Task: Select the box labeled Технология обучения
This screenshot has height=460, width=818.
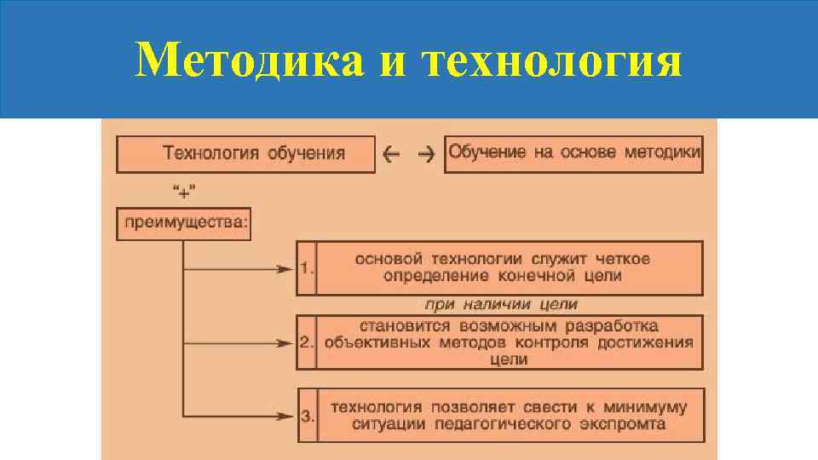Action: (x=245, y=154)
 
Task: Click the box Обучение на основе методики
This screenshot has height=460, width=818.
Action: (x=574, y=153)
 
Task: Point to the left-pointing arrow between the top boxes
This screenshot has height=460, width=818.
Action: (x=393, y=154)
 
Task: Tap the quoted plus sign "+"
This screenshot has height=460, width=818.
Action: (x=183, y=189)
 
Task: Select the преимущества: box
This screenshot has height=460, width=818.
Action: (x=184, y=222)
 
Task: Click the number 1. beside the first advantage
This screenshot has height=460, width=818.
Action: (x=307, y=268)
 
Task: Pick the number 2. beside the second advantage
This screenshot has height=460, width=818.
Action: (x=307, y=342)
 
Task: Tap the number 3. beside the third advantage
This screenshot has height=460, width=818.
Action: (x=308, y=417)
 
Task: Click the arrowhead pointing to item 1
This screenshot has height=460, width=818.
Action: (x=285, y=268)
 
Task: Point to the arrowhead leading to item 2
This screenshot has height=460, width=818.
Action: (x=285, y=343)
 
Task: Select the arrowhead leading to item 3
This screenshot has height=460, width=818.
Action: (x=286, y=416)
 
